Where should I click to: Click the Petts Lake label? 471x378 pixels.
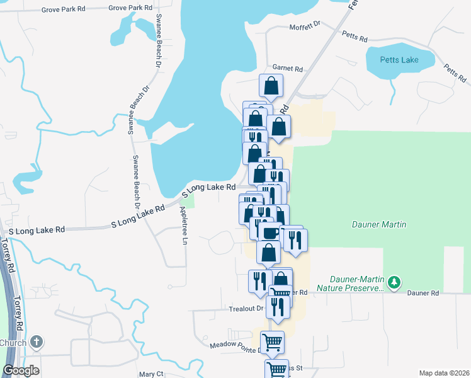coord(399,60)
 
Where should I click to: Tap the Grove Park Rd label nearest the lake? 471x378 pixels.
coord(130,8)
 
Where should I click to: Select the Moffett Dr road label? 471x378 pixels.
coord(305,27)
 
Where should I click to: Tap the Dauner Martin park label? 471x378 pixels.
coord(378,224)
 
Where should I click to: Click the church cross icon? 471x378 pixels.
coord(37,342)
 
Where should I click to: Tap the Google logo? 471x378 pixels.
coord(21,370)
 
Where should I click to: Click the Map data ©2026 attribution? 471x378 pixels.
coord(444,372)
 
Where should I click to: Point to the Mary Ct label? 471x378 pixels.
coord(151,374)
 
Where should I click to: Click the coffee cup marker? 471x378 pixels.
coord(270,232)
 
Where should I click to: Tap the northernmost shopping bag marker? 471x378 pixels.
coord(271,86)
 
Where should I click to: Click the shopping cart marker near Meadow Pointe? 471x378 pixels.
coord(272,342)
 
